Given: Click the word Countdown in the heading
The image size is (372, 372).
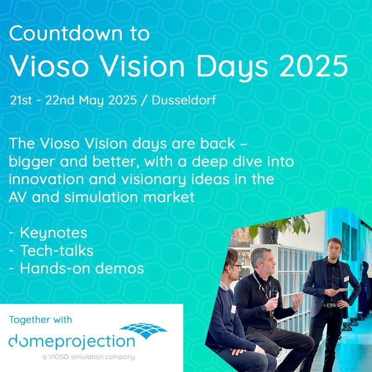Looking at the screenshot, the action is [x=66, y=33].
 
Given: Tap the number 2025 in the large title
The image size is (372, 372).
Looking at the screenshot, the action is [x=313, y=66].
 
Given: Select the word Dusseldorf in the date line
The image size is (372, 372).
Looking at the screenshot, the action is [x=184, y=100].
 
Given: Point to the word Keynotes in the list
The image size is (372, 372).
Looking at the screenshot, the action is [x=53, y=233].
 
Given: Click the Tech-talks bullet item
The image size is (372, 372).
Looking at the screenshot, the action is [x=52, y=251].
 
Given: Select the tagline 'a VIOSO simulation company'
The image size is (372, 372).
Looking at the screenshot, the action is [x=89, y=357].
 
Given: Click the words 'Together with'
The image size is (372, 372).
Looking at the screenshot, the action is [x=40, y=319].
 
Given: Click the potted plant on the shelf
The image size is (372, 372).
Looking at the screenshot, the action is [x=279, y=229].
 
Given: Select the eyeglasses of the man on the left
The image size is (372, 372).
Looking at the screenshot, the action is [x=236, y=266].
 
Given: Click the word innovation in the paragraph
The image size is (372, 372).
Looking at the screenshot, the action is [x=46, y=179].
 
